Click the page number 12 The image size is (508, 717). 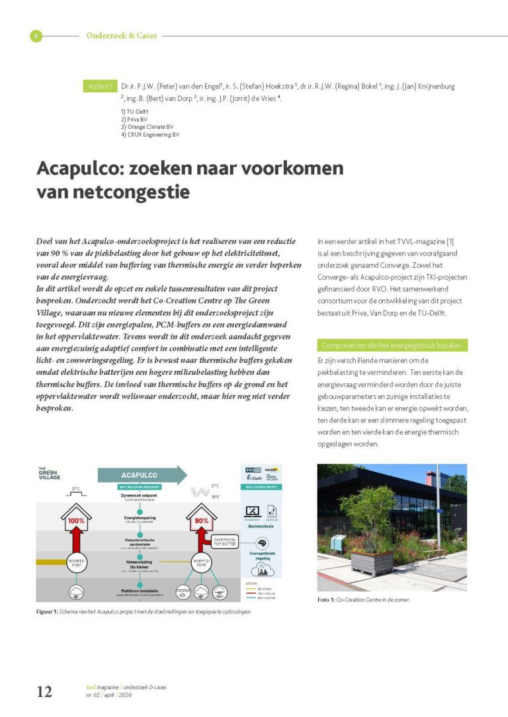[44, 691]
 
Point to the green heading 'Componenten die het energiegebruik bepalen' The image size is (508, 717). [392, 346]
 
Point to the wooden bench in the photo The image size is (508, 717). [435, 553]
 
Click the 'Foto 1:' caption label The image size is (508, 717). [327, 599]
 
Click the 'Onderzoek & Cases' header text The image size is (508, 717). [122, 36]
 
